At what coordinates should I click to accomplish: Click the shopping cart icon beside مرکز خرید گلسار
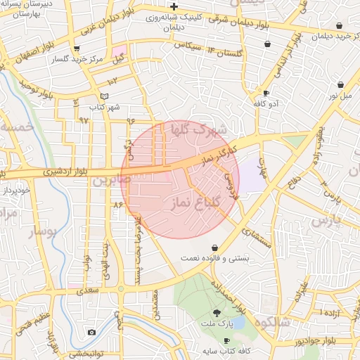(77, 49)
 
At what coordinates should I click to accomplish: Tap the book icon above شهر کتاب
(105, 96)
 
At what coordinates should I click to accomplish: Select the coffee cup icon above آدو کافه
(266, 93)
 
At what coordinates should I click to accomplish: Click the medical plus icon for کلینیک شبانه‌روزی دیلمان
(174, 6)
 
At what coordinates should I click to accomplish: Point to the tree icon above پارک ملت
(217, 312)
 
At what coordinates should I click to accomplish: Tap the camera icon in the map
(91, 332)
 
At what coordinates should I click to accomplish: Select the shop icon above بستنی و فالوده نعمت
(224, 247)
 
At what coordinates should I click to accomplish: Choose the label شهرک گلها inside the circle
(199, 129)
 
